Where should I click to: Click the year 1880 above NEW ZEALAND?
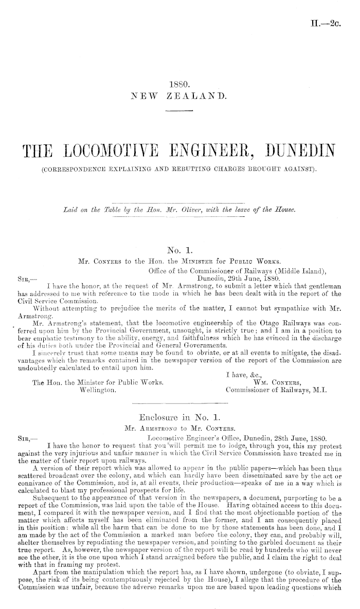(179, 83)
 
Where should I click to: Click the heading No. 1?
(179, 251)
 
